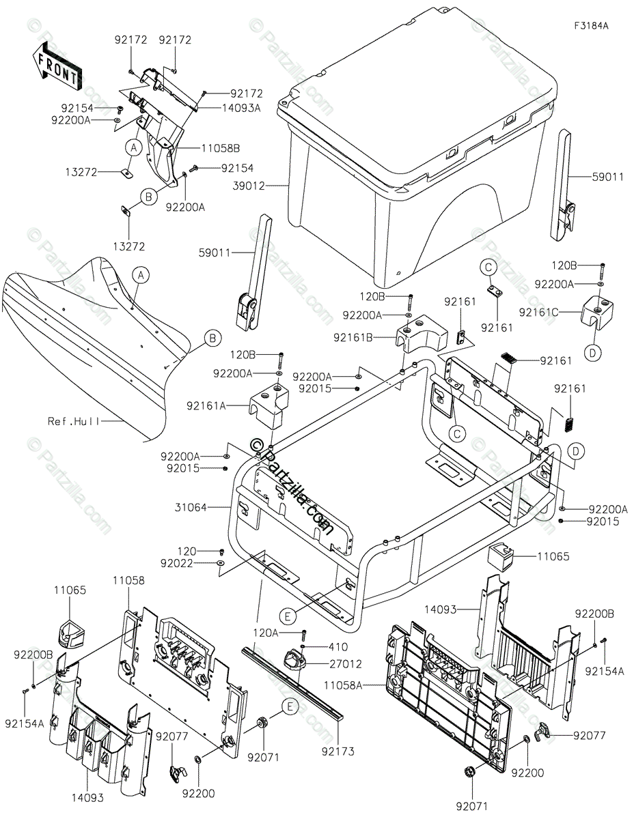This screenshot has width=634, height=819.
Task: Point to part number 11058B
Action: (x=202, y=147)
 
